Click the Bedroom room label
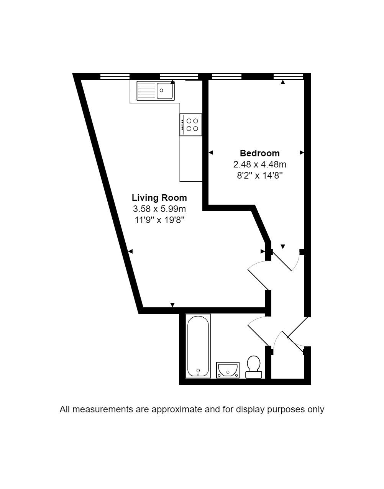tap(259, 153)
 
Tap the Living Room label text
tap(159, 198)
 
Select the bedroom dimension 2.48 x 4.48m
tap(259, 164)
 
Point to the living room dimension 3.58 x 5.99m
tap(159, 209)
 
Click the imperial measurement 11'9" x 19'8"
tap(159, 220)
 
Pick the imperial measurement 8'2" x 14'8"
tap(259, 175)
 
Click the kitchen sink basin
tap(165, 91)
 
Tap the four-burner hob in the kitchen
tap(190, 125)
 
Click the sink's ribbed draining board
tap(146, 91)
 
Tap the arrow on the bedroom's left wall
tap(211, 153)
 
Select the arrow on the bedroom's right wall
tap(302, 153)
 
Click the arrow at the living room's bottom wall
tap(172, 305)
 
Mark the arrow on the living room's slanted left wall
tap(130, 251)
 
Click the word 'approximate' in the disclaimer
tap(177, 409)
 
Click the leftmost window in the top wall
tap(115, 77)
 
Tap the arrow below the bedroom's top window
tap(283, 82)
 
